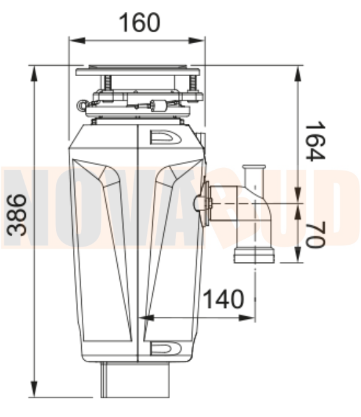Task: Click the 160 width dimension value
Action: [x=139, y=23]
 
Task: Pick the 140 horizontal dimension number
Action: [x=224, y=299]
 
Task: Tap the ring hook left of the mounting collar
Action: [x=81, y=104]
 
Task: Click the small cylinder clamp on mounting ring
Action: [x=157, y=105]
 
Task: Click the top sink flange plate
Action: [x=138, y=70]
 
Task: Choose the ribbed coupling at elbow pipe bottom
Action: [x=254, y=255]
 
